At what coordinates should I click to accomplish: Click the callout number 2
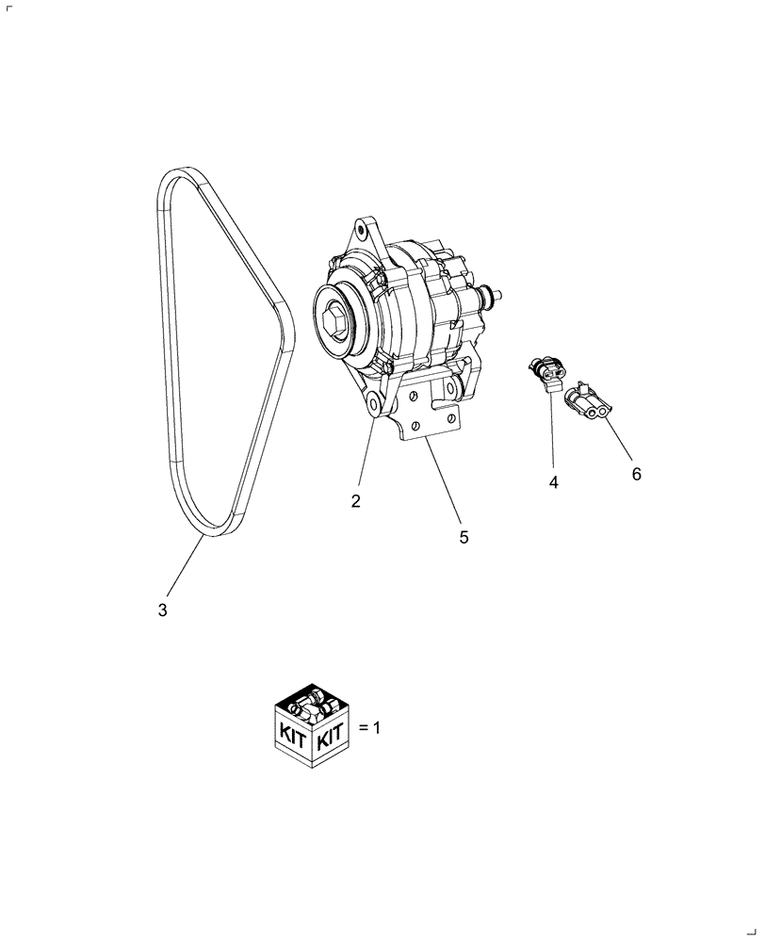[x=356, y=501]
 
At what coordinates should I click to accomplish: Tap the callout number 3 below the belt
[x=163, y=610]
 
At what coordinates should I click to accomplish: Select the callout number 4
[x=554, y=482]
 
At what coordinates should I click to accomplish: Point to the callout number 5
[x=464, y=537]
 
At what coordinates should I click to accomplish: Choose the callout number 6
[x=636, y=475]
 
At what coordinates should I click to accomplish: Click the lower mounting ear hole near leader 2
[x=374, y=403]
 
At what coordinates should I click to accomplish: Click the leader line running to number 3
[x=187, y=571]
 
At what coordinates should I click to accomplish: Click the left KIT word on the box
[x=289, y=738]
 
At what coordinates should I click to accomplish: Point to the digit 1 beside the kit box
[x=377, y=728]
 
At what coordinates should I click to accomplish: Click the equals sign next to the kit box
[x=364, y=728]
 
